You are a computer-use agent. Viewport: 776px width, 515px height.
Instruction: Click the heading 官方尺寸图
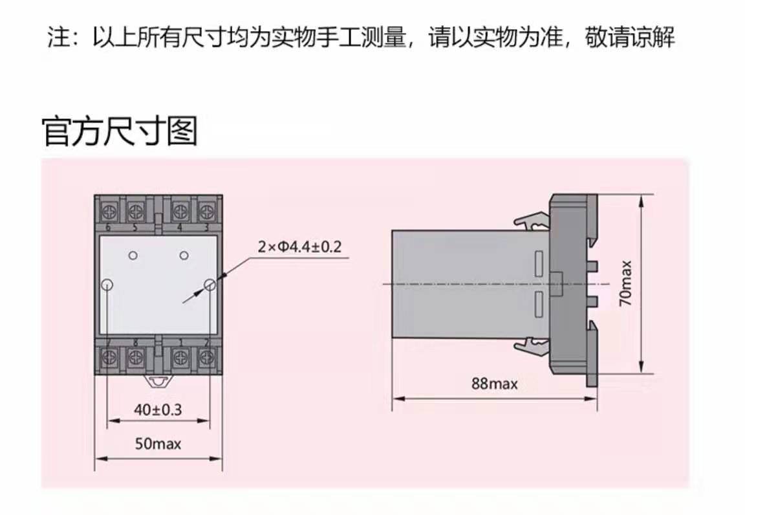click(120, 131)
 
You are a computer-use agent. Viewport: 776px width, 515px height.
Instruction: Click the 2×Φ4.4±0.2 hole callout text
click(299, 247)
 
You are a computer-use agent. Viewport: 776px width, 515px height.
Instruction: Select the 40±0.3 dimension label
click(158, 409)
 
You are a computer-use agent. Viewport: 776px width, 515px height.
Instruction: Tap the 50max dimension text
click(158, 444)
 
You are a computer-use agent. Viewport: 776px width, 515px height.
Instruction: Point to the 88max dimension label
click(495, 384)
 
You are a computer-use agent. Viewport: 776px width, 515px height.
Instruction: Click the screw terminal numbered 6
click(107, 209)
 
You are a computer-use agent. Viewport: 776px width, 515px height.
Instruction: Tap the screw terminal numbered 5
click(135, 209)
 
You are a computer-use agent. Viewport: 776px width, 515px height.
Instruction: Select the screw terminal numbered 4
click(180, 209)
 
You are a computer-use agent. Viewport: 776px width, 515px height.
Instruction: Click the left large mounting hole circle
click(108, 285)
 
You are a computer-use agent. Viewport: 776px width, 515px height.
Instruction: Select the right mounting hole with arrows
click(210, 285)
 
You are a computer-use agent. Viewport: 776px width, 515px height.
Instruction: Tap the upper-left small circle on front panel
click(133, 256)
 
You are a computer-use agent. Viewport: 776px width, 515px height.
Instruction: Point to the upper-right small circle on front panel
click(184, 256)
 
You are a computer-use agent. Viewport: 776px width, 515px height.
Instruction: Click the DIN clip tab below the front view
click(158, 380)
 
